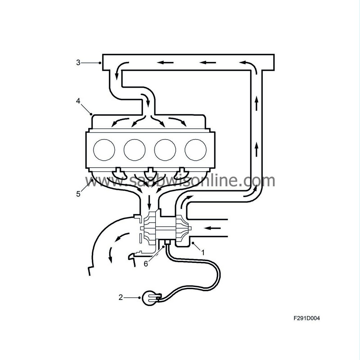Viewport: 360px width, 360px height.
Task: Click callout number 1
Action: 203,252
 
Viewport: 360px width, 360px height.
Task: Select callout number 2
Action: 121,297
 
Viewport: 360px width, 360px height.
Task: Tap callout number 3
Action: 78,63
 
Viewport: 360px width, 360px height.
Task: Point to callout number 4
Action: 78,101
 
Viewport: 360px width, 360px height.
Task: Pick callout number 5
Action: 78,194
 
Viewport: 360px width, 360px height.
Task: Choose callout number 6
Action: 146,264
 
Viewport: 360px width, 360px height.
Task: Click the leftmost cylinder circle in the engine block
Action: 104,150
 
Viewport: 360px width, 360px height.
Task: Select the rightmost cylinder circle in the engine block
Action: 195,150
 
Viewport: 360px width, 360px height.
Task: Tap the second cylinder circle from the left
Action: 134,150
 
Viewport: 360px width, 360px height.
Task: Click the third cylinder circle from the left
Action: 165,150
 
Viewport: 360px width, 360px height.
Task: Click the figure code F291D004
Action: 307,318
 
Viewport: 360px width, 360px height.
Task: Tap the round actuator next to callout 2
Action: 151,298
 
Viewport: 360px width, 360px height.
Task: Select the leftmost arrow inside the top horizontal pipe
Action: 166,63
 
